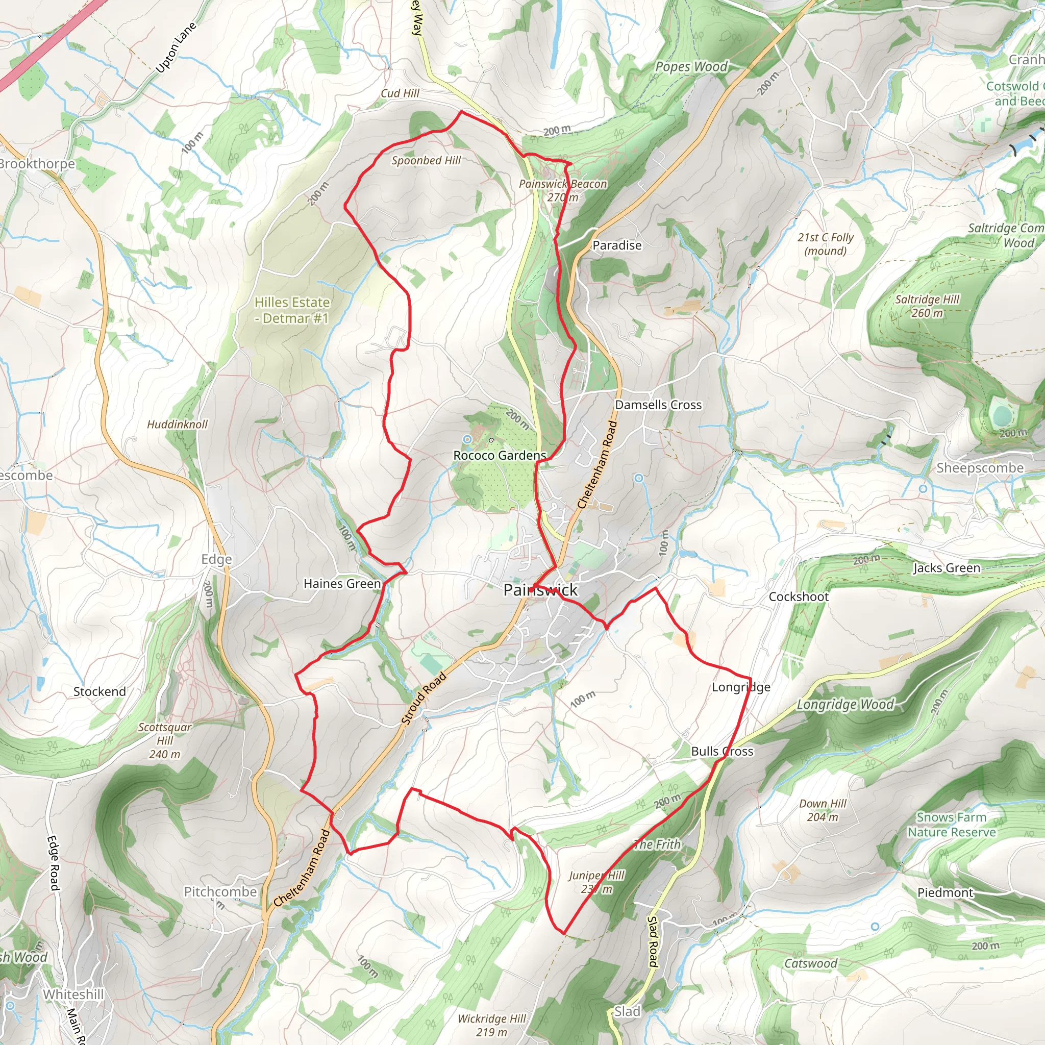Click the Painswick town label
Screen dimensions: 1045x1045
[x=540, y=590]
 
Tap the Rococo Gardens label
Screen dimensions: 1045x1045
[x=499, y=456]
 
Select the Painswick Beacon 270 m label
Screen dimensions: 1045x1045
[x=562, y=190]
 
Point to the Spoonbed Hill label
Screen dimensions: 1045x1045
[x=426, y=161]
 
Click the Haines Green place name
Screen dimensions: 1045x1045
[x=342, y=584]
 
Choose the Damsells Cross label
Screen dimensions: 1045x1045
[x=658, y=405]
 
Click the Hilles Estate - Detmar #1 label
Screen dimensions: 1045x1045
[x=292, y=310]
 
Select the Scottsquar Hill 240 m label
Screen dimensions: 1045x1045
[x=165, y=740]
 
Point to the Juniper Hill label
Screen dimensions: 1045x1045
[x=596, y=882]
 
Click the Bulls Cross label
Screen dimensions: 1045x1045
[x=721, y=751]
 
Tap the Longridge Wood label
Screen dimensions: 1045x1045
[x=845, y=705]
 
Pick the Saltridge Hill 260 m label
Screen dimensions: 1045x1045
[x=927, y=306]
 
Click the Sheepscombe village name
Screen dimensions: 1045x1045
[x=980, y=468]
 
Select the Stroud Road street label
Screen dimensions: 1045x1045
[x=424, y=699]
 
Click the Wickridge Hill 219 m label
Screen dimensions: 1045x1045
[x=491, y=1025]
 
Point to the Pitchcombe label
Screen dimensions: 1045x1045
[x=220, y=892]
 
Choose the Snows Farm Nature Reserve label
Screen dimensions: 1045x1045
[x=951, y=825]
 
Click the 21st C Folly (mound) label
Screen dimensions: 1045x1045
[x=825, y=244]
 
